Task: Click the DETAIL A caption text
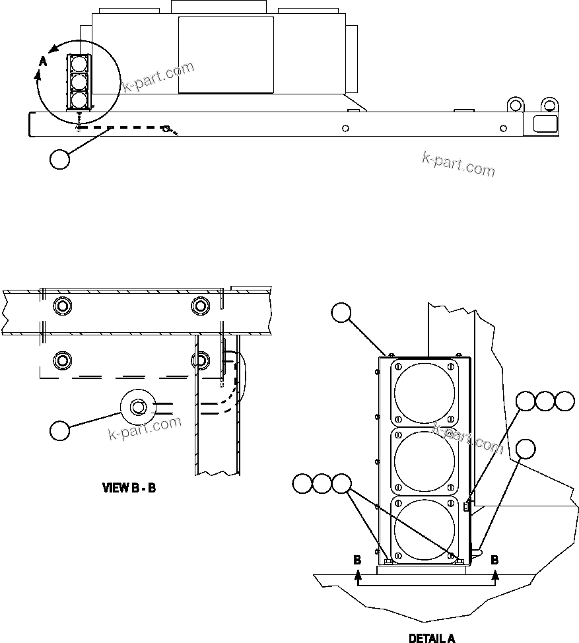[431, 638]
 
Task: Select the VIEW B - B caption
[128, 489]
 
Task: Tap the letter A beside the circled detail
[43, 61]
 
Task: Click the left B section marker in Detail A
[357, 559]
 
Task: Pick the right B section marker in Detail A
[494, 559]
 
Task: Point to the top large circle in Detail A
[424, 393]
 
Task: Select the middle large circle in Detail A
[424, 461]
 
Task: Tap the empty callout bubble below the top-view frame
[60, 160]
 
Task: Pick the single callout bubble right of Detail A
[526, 449]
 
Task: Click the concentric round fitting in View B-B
[137, 407]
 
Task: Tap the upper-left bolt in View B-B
[63, 306]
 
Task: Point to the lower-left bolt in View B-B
[63, 360]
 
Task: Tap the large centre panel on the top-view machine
[226, 55]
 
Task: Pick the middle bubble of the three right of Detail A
[545, 401]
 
